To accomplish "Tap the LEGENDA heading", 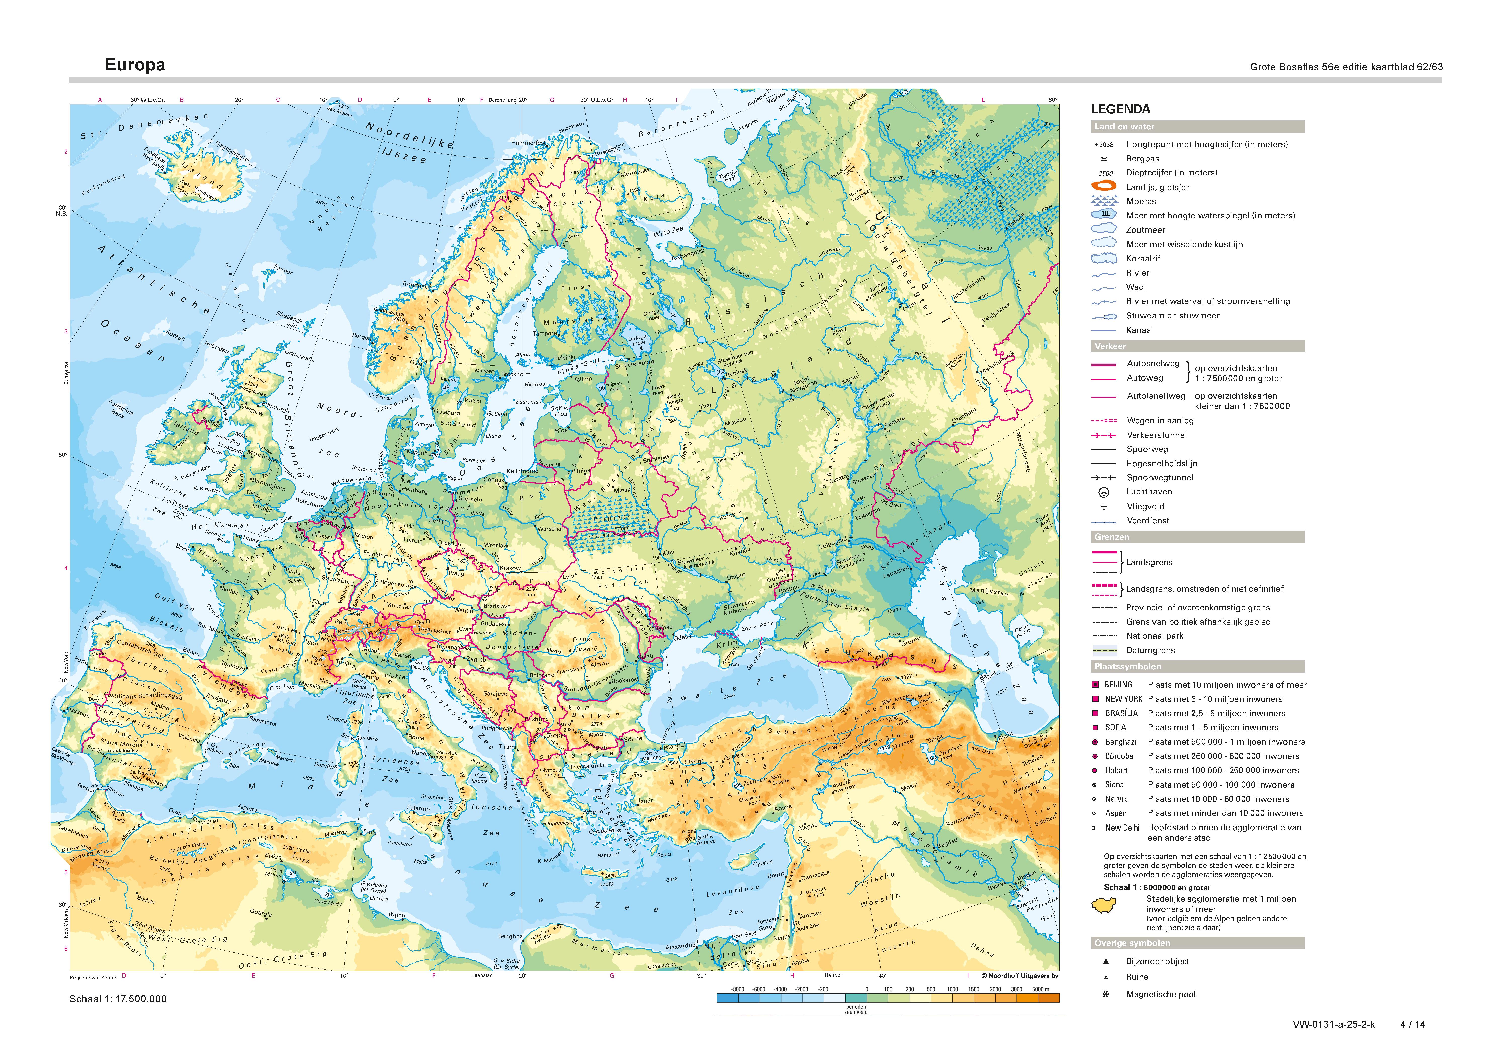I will tap(1121, 109).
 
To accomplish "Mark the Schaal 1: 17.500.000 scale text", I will tap(118, 999).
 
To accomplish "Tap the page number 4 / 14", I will tap(1412, 1024).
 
